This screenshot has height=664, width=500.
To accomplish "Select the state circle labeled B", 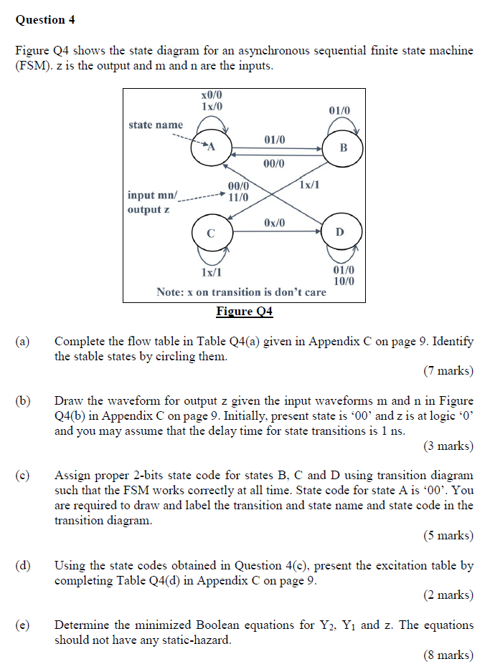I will tap(344, 148).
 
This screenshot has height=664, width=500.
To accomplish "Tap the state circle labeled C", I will tap(210, 233).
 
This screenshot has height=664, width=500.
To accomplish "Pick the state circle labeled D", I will tap(340, 232).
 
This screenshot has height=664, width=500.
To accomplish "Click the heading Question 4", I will tap(45, 20).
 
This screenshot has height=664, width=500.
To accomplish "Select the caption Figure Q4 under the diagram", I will tap(245, 312).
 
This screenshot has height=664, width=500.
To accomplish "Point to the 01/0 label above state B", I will tap(339, 111).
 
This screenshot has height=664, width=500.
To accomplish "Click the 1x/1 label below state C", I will tap(211, 272).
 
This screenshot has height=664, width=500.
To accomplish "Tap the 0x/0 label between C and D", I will tap(274, 223).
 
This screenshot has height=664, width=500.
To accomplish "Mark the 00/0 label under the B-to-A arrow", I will tap(274, 164).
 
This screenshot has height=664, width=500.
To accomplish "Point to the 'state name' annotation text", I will tap(156, 125).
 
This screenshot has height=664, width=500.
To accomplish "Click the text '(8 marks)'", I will tap(448, 655).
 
